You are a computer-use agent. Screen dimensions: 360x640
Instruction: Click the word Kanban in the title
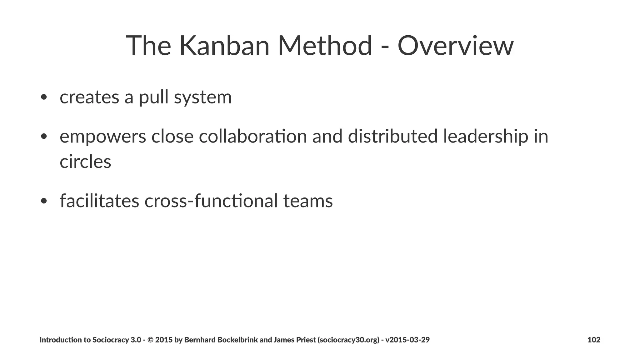click(x=224, y=46)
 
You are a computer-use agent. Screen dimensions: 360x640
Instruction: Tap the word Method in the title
click(x=325, y=46)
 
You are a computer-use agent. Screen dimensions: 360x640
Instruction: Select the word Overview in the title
click(x=455, y=46)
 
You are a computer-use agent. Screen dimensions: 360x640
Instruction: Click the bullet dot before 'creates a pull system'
click(x=44, y=97)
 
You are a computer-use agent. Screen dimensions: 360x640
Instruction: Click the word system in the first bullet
click(x=203, y=97)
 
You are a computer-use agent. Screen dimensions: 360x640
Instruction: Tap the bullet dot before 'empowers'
click(x=44, y=137)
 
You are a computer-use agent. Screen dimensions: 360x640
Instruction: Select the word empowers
click(x=103, y=137)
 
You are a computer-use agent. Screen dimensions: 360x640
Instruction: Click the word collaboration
click(x=253, y=137)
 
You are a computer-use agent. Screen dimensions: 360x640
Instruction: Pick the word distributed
click(x=392, y=137)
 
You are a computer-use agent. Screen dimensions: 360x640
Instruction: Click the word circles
click(x=85, y=162)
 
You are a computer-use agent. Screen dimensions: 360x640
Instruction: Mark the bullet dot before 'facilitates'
click(x=44, y=201)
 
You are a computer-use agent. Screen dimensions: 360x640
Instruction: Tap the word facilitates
click(x=99, y=201)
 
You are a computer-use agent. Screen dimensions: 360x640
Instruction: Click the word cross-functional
click(x=211, y=201)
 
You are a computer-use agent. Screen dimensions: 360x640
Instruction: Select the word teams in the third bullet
click(x=308, y=201)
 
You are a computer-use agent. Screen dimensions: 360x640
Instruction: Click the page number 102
click(x=594, y=340)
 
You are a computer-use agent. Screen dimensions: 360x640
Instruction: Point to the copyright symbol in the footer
click(x=150, y=340)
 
